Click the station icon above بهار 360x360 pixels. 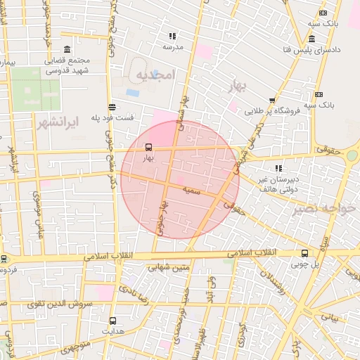(x=148, y=148)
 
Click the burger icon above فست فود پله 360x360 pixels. (x=112, y=105)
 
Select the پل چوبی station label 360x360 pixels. (x=307, y=264)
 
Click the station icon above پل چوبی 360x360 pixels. (x=304, y=253)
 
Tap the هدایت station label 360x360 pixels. (x=112, y=330)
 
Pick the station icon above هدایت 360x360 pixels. (x=112, y=320)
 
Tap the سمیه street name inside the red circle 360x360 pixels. (x=191, y=191)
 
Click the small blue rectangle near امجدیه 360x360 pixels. (x=132, y=93)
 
